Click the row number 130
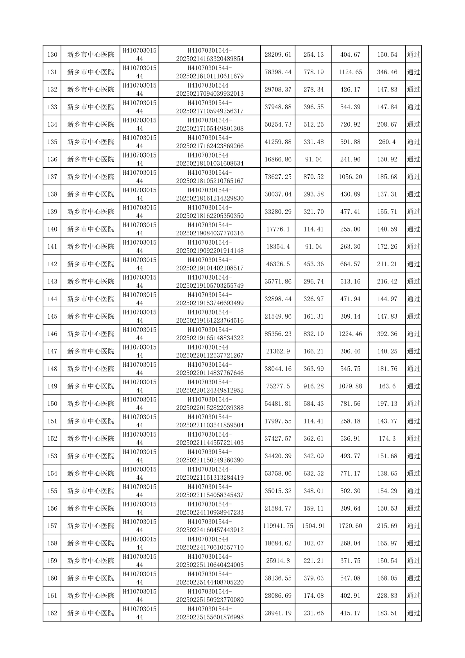click(52, 55)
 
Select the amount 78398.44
click(278, 72)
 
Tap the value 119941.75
click(278, 526)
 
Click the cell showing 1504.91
click(313, 526)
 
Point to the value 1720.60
click(350, 526)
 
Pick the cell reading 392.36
click(387, 334)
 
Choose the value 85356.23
click(278, 334)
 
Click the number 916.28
click(313, 386)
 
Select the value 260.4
click(387, 142)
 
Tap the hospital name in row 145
click(91, 316)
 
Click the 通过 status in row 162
click(413, 613)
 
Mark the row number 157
click(52, 526)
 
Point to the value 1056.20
click(350, 177)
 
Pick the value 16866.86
click(278, 159)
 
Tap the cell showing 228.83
click(387, 595)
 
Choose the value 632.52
click(313, 473)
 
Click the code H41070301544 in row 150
click(139, 403)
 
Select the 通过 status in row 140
click(413, 229)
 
